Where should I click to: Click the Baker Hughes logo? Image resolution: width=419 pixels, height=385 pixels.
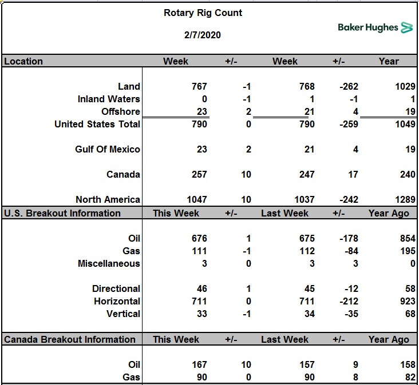tap(375, 27)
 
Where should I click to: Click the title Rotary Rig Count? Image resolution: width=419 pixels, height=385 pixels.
tap(203, 13)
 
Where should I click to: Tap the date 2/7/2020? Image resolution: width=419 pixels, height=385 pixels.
tap(203, 35)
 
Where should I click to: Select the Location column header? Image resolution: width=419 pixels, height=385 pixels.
tap(23, 61)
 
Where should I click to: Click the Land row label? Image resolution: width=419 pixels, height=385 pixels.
tap(129, 86)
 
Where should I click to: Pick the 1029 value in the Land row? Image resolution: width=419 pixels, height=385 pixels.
tap(405, 86)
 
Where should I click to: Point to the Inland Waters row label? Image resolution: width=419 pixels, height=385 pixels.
tap(109, 99)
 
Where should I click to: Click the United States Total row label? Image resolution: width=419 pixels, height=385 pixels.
tap(97, 124)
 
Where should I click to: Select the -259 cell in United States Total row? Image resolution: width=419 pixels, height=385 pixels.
tap(349, 124)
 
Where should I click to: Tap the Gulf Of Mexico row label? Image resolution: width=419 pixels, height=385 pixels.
tap(108, 149)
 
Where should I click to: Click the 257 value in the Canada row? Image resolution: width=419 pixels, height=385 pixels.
tap(199, 174)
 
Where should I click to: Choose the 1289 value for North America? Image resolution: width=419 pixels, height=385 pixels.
tap(405, 199)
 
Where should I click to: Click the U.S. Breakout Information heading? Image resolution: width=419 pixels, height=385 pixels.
tap(62, 213)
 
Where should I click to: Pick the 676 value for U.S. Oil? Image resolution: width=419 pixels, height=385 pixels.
tap(199, 238)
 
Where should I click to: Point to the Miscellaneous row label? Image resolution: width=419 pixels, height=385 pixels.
tap(109, 263)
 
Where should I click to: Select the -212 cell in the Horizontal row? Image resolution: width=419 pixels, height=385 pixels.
tap(349, 301)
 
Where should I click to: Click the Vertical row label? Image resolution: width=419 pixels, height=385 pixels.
tap(123, 314)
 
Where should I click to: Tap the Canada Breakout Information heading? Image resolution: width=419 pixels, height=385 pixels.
tap(70, 339)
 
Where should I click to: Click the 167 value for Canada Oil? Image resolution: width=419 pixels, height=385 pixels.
tap(199, 364)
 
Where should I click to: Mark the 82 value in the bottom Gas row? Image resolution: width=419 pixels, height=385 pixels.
tap(410, 377)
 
